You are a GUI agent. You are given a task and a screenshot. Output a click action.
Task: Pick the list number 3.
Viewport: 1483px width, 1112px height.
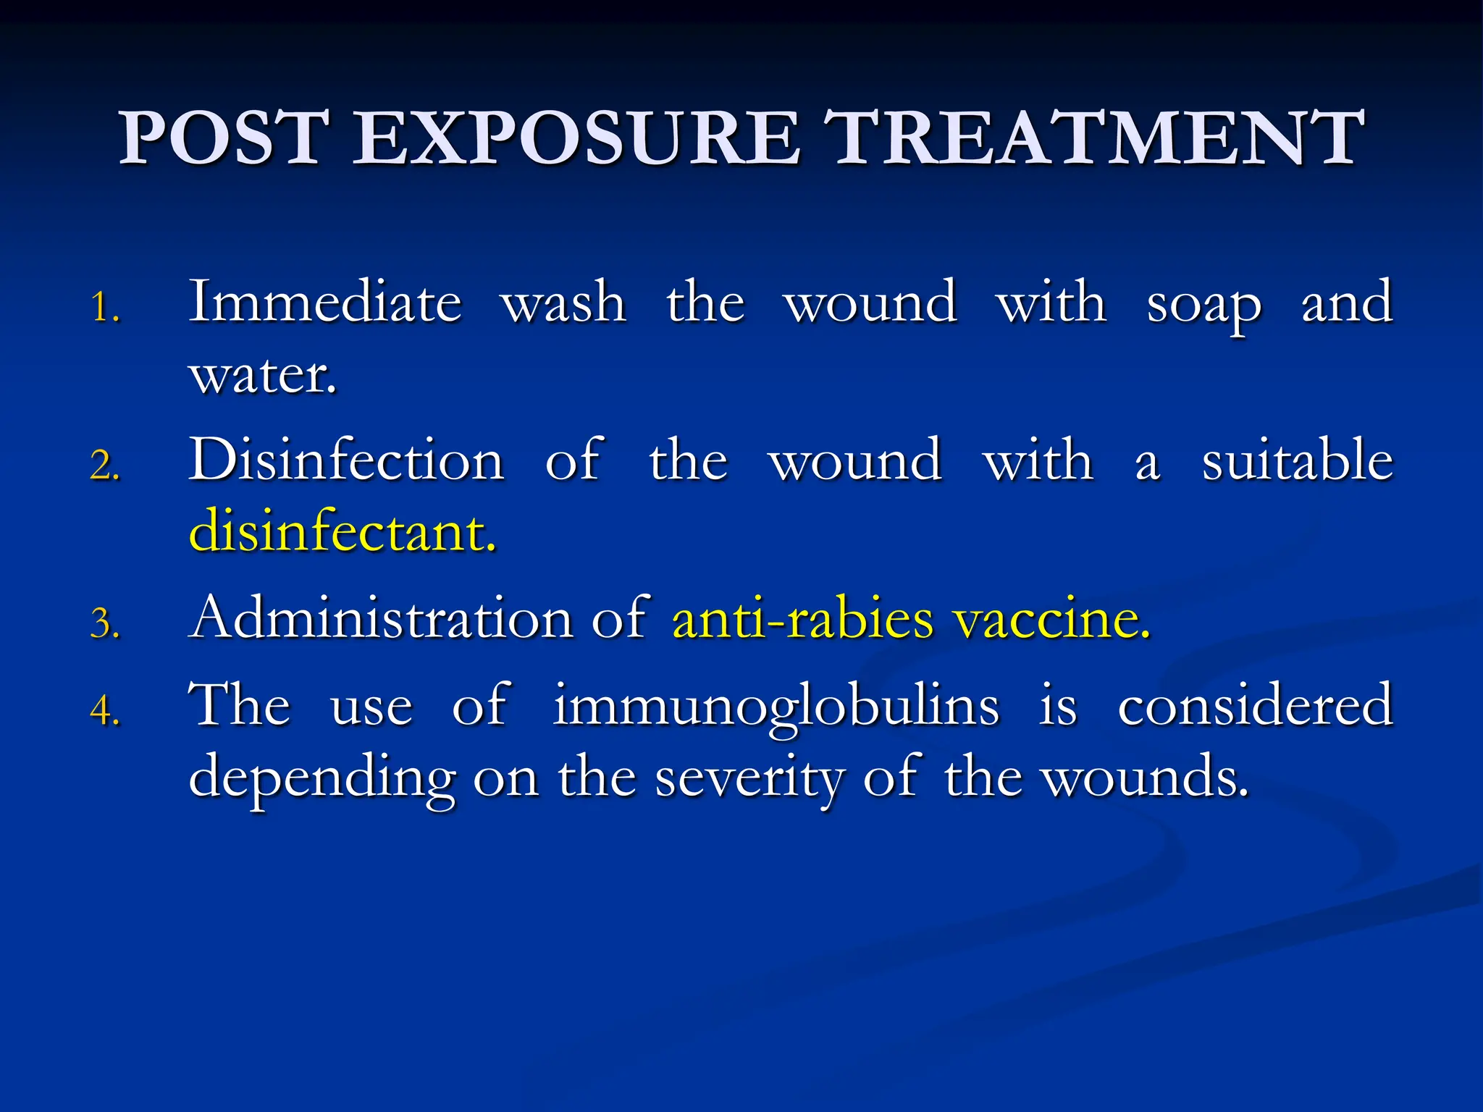tap(104, 623)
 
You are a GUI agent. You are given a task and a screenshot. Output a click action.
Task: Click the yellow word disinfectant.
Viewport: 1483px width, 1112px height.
tap(342, 531)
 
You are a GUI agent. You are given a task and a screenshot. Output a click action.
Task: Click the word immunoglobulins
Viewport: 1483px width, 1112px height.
tap(776, 706)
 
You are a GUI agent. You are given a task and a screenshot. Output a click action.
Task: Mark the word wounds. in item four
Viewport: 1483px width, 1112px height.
tap(1144, 777)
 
